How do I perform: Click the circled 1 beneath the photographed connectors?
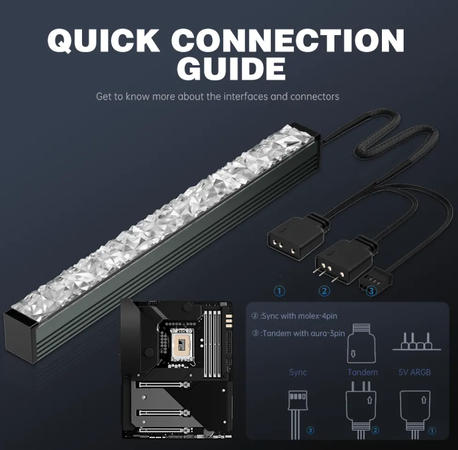280,291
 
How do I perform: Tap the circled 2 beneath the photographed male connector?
325,291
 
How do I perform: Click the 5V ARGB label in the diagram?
414,372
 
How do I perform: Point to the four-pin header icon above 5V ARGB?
416,342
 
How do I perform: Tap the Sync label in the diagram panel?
298,372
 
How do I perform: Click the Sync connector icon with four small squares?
297,401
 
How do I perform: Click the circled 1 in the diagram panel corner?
432,431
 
